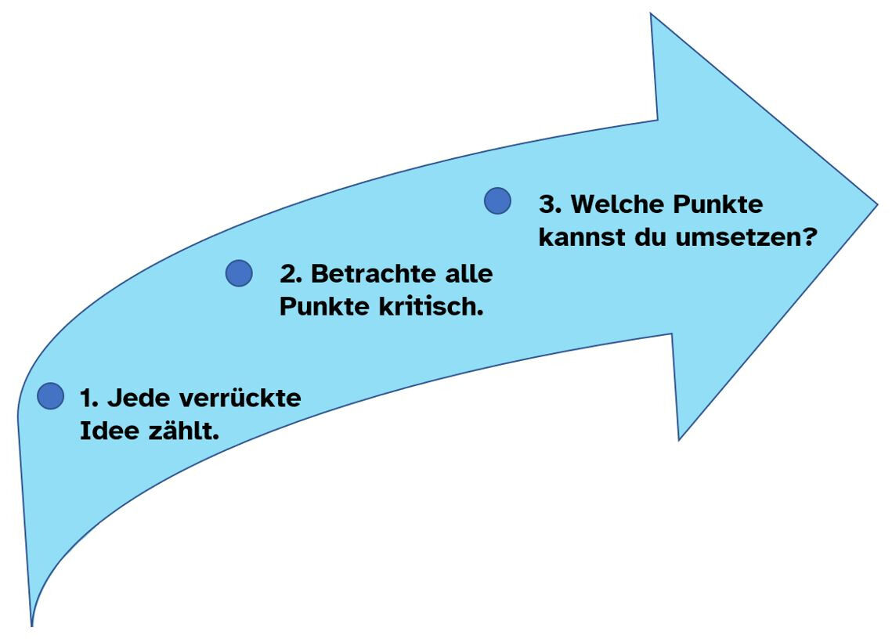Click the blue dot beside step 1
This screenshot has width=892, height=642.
[50, 396]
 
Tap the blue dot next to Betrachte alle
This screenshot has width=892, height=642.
[239, 273]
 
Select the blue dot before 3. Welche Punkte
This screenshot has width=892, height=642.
[497, 201]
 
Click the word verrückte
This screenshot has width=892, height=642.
[240, 398]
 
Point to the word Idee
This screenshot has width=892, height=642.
[108, 430]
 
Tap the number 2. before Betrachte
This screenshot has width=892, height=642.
[291, 275]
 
